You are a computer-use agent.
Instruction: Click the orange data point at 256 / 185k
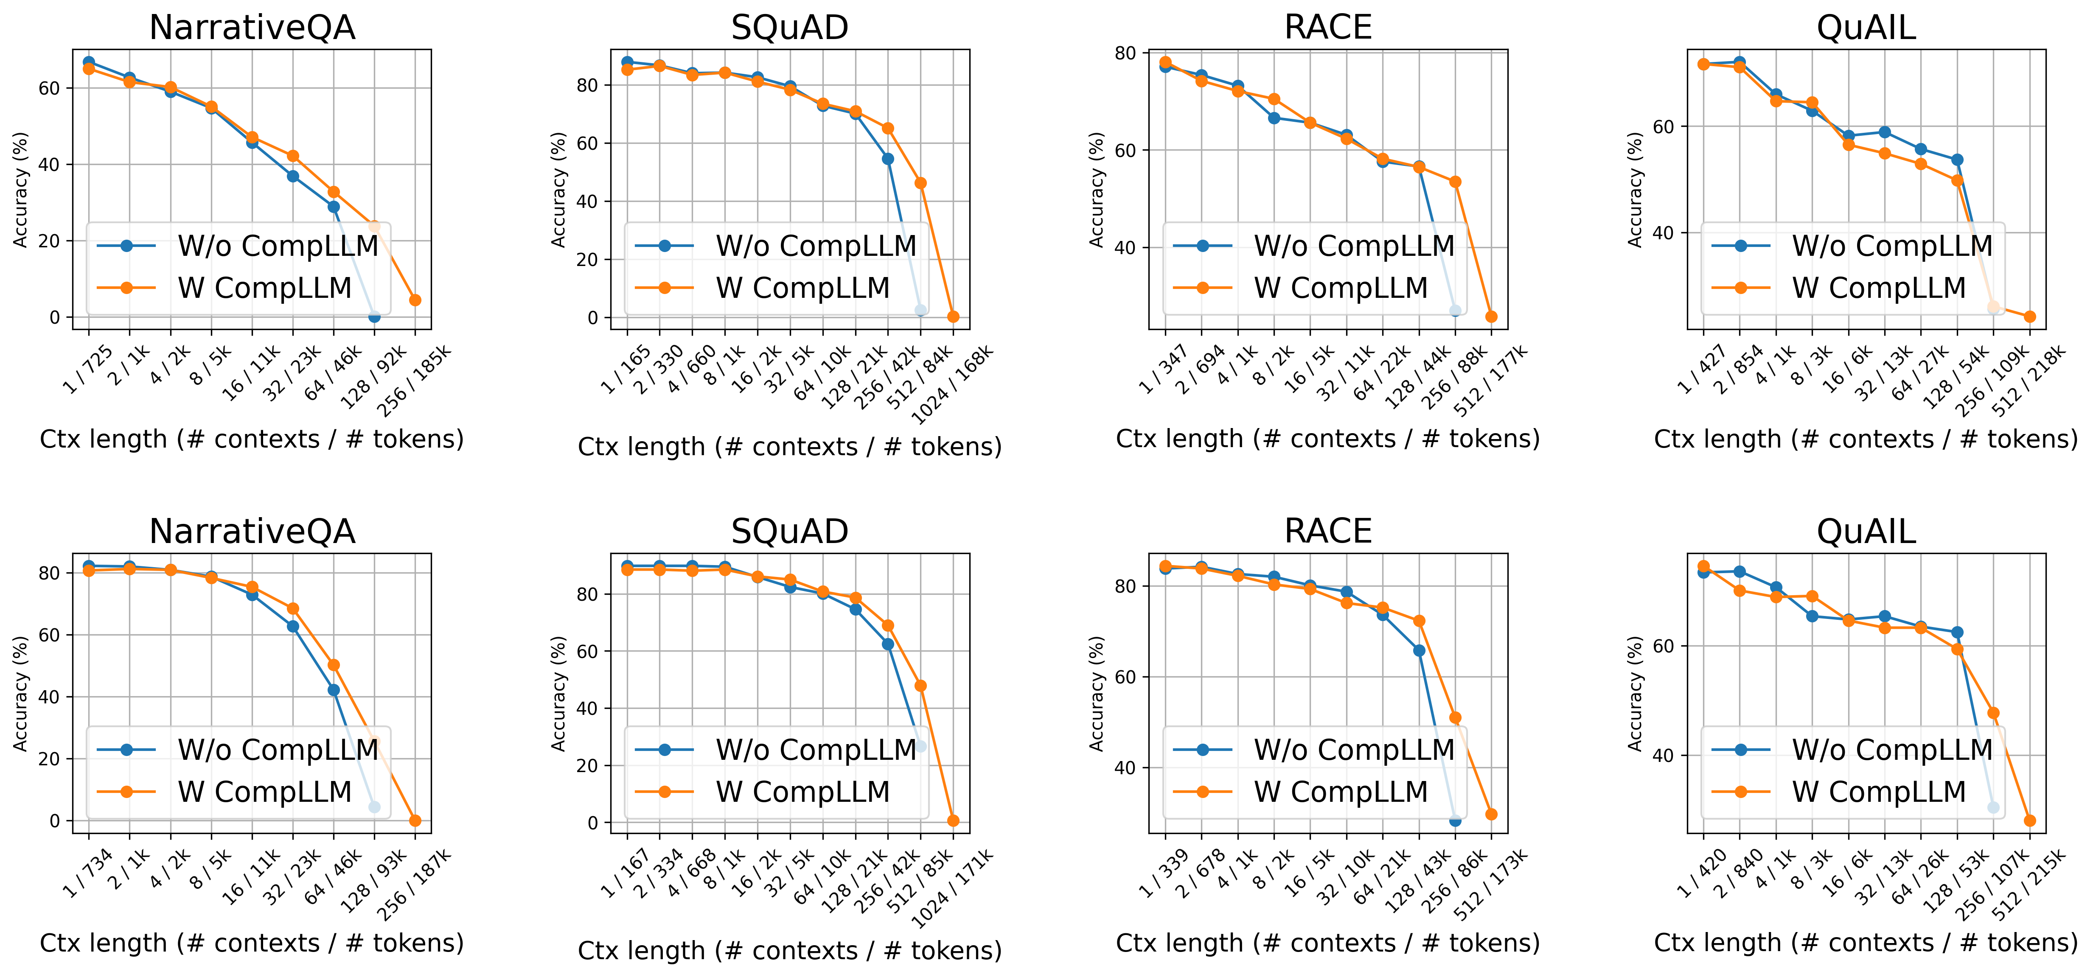click(x=415, y=300)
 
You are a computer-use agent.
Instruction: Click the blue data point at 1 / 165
click(x=627, y=62)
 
